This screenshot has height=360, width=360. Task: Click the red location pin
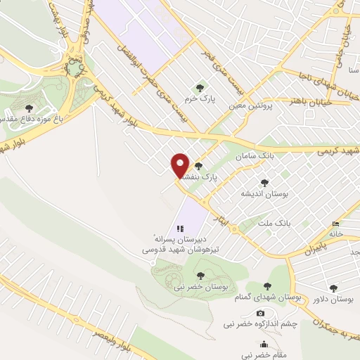tap(180, 165)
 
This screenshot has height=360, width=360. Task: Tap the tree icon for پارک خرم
tap(200, 88)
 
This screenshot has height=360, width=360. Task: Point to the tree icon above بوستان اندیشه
tap(264, 182)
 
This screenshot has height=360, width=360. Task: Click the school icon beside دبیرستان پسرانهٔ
tap(180, 229)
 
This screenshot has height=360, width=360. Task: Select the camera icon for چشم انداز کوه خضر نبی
tap(260, 313)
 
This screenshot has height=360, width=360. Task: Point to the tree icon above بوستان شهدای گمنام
tap(267, 286)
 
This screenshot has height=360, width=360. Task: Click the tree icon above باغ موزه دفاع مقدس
tap(28, 108)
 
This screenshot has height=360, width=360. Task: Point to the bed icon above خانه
tap(335, 225)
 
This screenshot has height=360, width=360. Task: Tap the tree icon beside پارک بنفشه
tap(198, 166)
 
